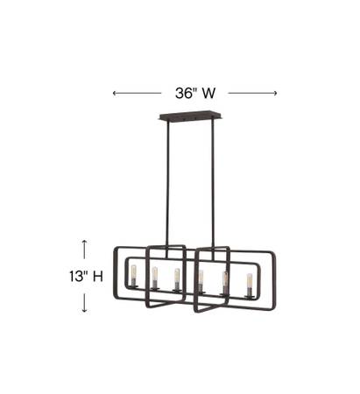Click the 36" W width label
pos(195,93)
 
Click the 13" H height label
pos(86,276)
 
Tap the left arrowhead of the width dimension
pos(115,93)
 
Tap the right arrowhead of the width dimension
pos(275,93)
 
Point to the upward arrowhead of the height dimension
pos(84,242)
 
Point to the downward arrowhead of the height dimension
pos(84,310)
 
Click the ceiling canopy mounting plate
pos(191,116)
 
